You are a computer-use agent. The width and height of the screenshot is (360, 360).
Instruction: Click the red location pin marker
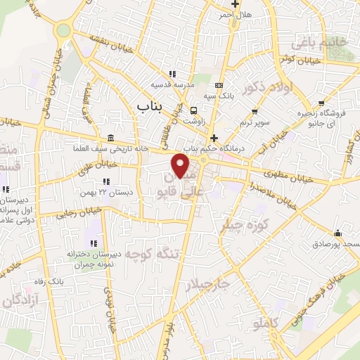tap(181, 166)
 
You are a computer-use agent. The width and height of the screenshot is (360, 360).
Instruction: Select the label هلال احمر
tap(234, 14)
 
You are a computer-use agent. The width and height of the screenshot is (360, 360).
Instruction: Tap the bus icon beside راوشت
tap(193, 110)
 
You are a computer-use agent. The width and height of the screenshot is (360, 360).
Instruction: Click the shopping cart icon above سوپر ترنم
tap(255, 110)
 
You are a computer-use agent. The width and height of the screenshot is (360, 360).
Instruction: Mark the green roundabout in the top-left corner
tap(64, 30)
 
